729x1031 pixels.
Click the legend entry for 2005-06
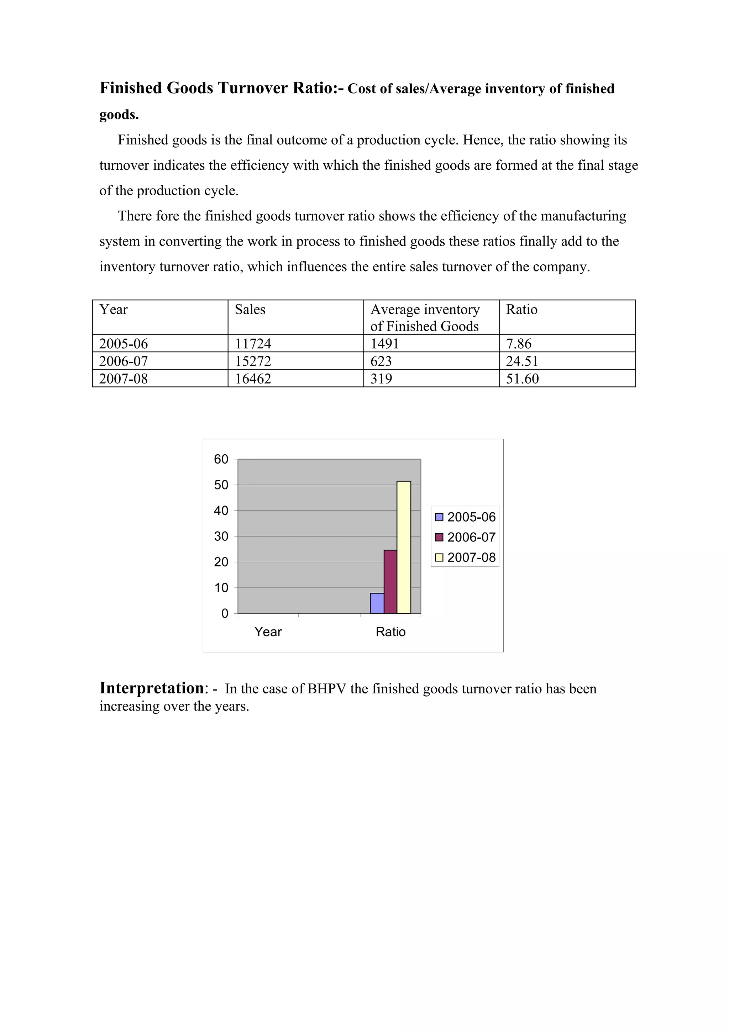(x=465, y=517)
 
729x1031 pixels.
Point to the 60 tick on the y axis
(x=221, y=459)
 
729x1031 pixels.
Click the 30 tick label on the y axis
(x=221, y=536)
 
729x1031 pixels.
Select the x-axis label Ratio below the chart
(x=390, y=632)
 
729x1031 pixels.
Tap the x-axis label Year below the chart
(x=268, y=632)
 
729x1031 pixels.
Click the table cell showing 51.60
(x=522, y=379)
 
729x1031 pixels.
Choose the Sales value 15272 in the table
(x=253, y=361)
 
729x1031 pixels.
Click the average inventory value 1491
(x=384, y=344)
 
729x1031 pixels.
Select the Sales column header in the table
(x=250, y=310)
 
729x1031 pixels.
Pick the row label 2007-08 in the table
(x=123, y=379)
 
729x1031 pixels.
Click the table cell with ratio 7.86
(x=518, y=344)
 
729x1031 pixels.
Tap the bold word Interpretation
(x=151, y=688)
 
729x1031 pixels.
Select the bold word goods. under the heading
(x=119, y=115)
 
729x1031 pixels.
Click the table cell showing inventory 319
(x=381, y=379)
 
